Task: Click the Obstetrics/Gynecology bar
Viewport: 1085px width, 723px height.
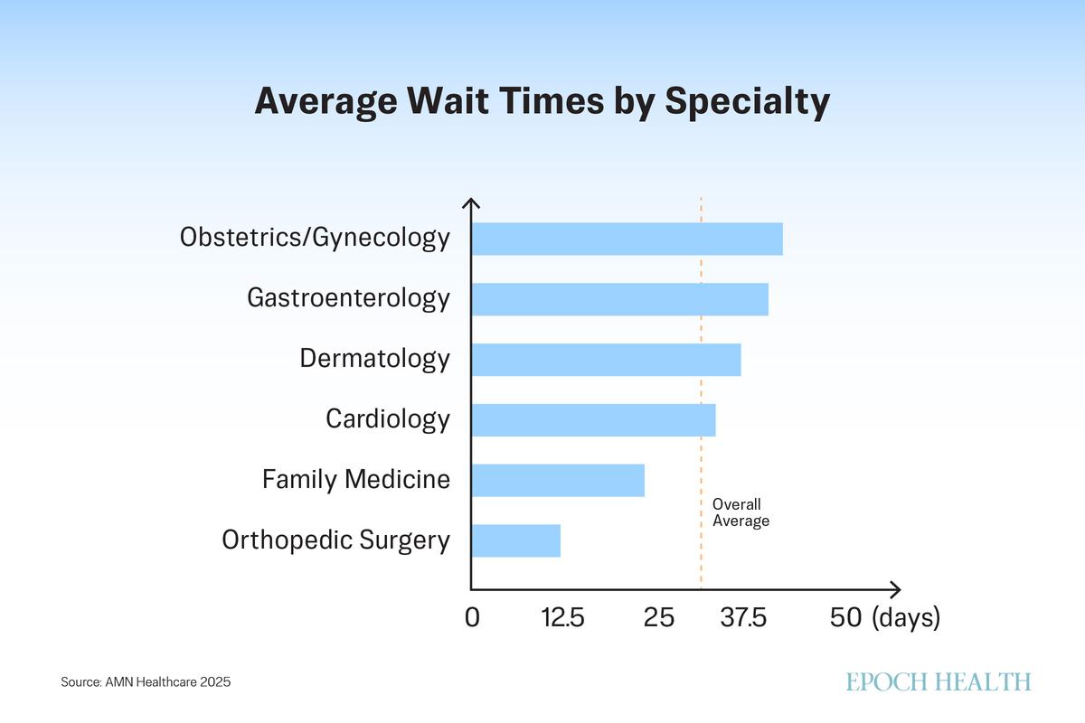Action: click(627, 239)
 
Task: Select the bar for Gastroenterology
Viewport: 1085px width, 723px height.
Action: click(619, 299)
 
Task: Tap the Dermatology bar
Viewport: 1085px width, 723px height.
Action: click(606, 360)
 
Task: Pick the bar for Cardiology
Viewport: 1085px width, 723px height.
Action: click(593, 420)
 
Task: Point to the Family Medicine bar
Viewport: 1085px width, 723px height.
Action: click(558, 480)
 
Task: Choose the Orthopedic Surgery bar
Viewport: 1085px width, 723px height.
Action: click(515, 540)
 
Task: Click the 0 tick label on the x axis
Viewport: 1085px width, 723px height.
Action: click(472, 618)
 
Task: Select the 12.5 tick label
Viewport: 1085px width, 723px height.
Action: click(563, 618)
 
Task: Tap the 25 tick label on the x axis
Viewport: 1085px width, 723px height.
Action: click(659, 618)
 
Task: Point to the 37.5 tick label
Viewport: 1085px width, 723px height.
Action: click(744, 618)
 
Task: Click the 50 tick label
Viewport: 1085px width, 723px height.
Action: click(846, 618)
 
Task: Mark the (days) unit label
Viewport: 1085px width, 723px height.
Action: click(907, 618)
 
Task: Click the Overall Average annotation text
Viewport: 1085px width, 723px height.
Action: click(741, 512)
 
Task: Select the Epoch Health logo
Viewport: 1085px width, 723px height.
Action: click(939, 681)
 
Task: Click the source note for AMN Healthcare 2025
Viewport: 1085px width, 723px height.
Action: click(146, 682)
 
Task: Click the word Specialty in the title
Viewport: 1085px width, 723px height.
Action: click(747, 102)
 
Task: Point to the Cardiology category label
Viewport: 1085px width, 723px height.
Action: click(388, 419)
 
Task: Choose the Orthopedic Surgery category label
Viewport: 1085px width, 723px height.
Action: click(335, 540)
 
